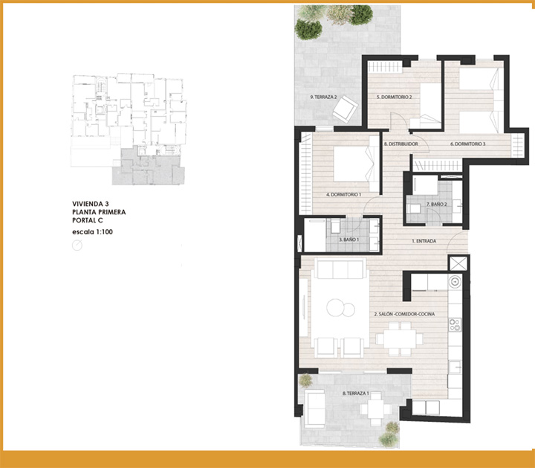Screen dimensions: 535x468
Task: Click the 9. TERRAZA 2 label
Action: [x=323, y=97]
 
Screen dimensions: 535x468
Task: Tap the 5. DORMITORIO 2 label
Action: [x=394, y=97]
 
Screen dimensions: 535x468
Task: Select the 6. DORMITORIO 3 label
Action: [x=468, y=144]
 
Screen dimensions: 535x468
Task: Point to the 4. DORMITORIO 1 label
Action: [x=343, y=194]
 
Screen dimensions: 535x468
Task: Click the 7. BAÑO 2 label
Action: [x=437, y=205]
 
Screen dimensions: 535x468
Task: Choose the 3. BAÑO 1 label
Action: [x=349, y=240]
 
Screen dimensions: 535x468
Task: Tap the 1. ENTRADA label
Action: [x=424, y=241]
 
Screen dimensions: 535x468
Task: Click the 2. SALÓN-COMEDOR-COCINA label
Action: [x=404, y=314]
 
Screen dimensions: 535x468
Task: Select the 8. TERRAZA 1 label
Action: [x=355, y=393]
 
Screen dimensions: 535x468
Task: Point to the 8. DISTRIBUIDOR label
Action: [x=401, y=144]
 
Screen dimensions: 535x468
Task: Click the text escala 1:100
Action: [x=92, y=232]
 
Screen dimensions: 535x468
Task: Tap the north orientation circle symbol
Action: [x=77, y=246]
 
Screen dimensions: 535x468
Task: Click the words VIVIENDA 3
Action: [x=91, y=204]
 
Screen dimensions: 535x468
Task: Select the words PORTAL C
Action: [x=88, y=220]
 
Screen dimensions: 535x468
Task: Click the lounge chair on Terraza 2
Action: [x=346, y=109]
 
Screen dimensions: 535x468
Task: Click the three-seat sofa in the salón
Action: [x=340, y=269]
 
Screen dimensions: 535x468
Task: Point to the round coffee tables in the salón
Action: [x=340, y=308]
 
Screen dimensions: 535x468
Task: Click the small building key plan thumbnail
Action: [x=129, y=129]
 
